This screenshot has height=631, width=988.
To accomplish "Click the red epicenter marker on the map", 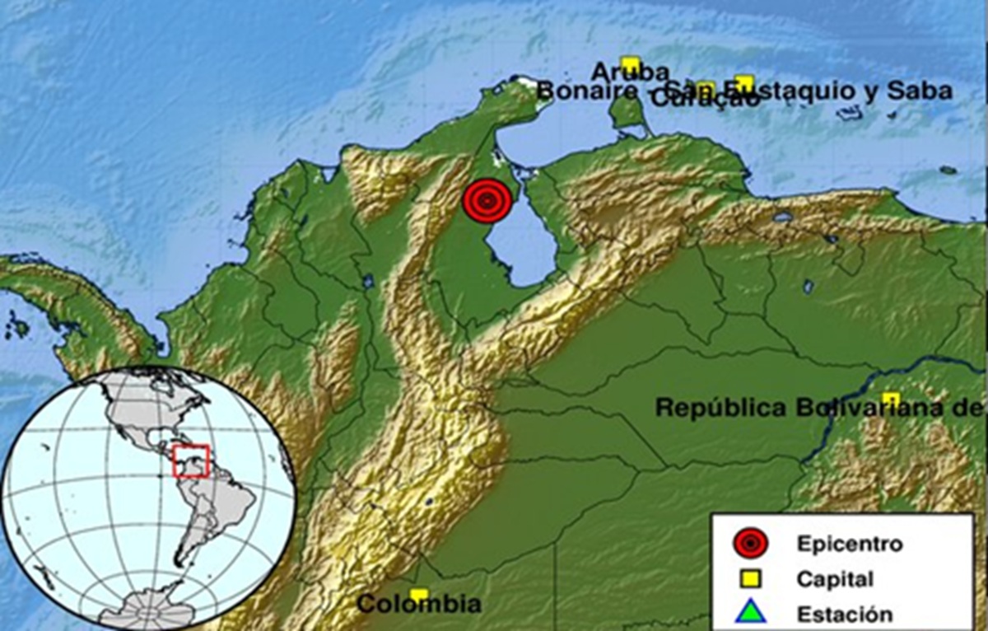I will click(x=486, y=201).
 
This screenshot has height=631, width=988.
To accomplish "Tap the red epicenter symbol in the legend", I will click(x=752, y=544).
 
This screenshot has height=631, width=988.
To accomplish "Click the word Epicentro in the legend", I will click(x=849, y=544).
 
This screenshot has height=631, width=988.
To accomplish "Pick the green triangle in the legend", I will click(x=752, y=614).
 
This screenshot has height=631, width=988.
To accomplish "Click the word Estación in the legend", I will click(x=844, y=615).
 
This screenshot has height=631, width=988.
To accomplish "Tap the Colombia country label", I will click(x=418, y=605).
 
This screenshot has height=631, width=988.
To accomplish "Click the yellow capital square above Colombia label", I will click(x=419, y=595).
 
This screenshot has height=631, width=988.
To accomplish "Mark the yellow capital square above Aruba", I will click(x=631, y=63).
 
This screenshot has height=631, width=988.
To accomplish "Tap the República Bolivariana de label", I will click(x=819, y=407).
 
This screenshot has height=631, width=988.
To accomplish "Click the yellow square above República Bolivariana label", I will click(x=891, y=399).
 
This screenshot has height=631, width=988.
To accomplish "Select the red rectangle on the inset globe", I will click(x=192, y=461).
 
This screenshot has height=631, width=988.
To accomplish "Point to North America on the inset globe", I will click(x=140, y=412).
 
